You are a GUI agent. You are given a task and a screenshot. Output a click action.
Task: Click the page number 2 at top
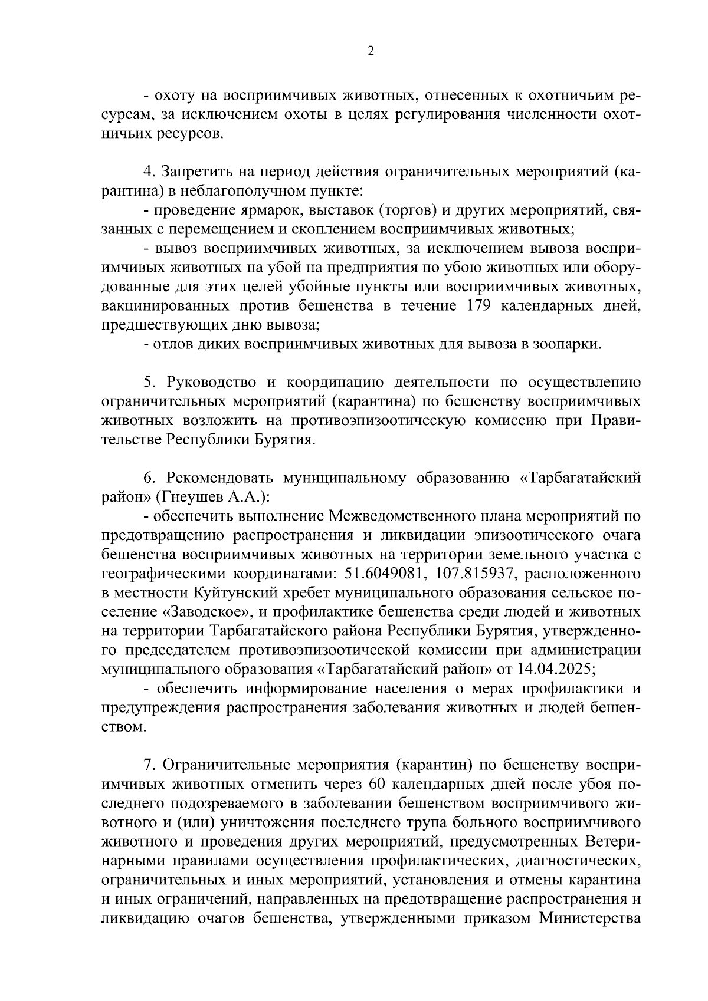coord(370,51)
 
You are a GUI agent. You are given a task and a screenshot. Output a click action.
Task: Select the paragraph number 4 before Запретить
coord(148,172)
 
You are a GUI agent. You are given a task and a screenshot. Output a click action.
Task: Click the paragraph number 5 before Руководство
coord(148,383)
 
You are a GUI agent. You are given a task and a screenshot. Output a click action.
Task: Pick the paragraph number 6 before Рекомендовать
coord(148,478)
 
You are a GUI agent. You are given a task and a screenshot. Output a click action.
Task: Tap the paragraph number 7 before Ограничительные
coord(148,765)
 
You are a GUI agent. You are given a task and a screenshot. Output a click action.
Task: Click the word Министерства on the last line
coord(589,918)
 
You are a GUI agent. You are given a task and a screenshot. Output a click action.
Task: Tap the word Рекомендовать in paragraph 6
coord(219,478)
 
